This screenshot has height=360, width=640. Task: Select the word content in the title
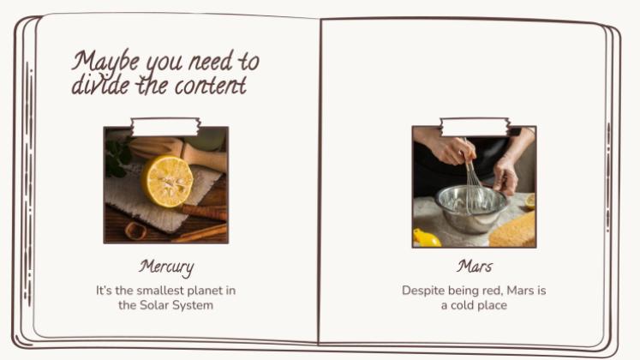[x=211, y=86]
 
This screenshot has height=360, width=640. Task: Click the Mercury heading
[x=166, y=267]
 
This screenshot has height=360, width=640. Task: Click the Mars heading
[x=475, y=267]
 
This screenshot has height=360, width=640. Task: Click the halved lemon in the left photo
[x=167, y=181]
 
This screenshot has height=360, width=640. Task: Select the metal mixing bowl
[x=472, y=208]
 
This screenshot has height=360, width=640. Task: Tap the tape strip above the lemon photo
[x=165, y=127]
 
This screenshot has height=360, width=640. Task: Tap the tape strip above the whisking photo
[x=475, y=127]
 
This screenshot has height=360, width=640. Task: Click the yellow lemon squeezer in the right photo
[x=426, y=238]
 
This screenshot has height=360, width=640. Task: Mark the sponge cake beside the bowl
[x=512, y=231]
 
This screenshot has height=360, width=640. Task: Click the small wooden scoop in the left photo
[x=136, y=231]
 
